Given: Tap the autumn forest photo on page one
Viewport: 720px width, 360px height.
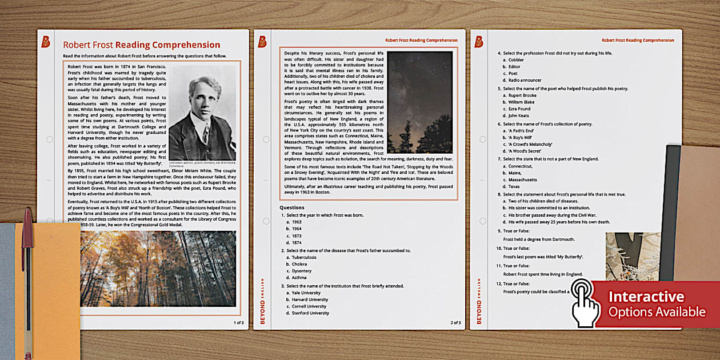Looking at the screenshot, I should pyautogui.click(x=158, y=269).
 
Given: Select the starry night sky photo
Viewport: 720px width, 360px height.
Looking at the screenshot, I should pyautogui.click(x=419, y=102).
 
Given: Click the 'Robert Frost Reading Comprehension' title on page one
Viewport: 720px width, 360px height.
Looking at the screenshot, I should pyautogui.click(x=141, y=45).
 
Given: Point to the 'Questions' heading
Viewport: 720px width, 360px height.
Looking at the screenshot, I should pyautogui.click(x=291, y=207).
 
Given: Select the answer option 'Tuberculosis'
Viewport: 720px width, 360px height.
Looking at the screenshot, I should pyautogui.click(x=303, y=257).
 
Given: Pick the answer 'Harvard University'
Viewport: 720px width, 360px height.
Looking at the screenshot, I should pyautogui.click(x=310, y=299).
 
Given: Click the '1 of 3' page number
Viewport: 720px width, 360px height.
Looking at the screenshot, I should pyautogui.click(x=238, y=322).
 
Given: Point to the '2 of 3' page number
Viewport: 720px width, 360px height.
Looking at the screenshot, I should pyautogui.click(x=455, y=322).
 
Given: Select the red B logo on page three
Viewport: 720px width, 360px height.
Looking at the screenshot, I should pyautogui.click(x=479, y=41).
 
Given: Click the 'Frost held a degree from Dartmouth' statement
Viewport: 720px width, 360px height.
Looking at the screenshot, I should pyautogui.click(x=539, y=239).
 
